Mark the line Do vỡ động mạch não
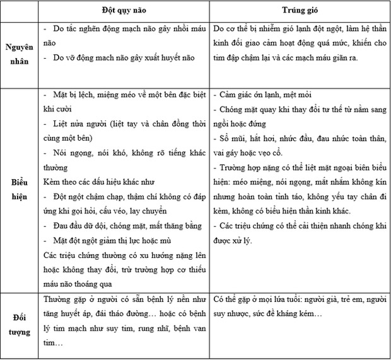pyautogui.click(x=120, y=58)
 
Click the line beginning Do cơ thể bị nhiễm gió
pyautogui.click(x=300, y=29)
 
